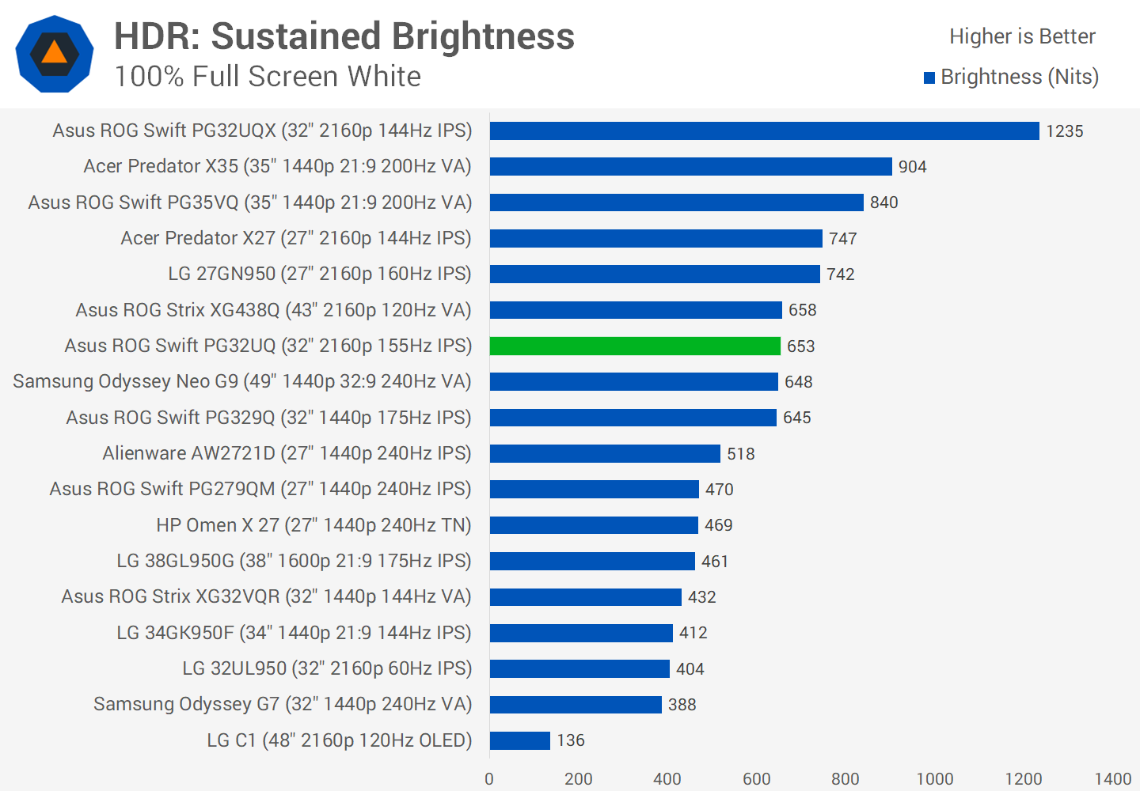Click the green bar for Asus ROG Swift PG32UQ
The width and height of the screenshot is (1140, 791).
tap(635, 346)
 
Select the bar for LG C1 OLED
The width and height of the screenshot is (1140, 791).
tap(519, 740)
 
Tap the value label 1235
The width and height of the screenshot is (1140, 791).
tap(1064, 131)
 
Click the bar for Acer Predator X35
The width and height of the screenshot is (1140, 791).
tap(690, 166)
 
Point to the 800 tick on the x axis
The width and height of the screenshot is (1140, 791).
tap(845, 779)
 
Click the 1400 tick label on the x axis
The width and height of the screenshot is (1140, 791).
tap(1112, 779)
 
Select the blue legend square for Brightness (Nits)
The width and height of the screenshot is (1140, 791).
tap(929, 78)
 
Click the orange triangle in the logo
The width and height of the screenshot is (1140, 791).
tap(54, 53)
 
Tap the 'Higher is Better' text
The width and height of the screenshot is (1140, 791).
tap(1022, 36)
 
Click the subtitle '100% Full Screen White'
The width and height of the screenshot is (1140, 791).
tap(268, 77)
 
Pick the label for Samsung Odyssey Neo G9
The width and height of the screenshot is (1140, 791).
tap(241, 381)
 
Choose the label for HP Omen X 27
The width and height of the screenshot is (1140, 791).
tap(313, 525)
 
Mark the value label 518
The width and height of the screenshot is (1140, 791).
tap(741, 454)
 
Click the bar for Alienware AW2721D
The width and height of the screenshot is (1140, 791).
tap(605, 453)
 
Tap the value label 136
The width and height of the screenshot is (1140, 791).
tap(571, 740)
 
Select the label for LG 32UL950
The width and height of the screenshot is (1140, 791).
tap(327, 668)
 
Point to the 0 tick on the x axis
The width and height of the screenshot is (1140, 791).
tap(489, 779)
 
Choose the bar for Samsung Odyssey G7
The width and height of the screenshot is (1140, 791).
tap(576, 704)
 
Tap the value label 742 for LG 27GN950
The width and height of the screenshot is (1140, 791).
tap(841, 274)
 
